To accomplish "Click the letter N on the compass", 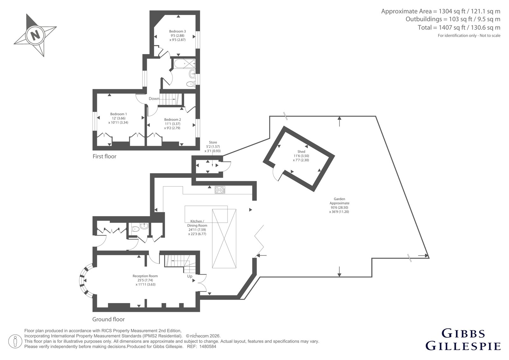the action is pos(35,35).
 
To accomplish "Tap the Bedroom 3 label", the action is pos(178,32).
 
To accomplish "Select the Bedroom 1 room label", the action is pos(118,114).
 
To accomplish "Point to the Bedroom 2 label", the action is pos(172,119).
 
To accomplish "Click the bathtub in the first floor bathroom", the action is pos(184,63).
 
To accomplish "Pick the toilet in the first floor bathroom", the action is pos(191,84).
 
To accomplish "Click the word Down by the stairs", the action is pos(154,98).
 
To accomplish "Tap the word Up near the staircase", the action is pos(190,276).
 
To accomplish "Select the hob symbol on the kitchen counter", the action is pos(220,190).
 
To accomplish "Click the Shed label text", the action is pos(301,152).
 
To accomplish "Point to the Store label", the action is pos(213,142).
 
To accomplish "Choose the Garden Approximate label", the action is pos(339,201).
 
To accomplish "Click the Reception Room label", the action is pos(145,276).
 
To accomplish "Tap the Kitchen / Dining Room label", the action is pos(197,223).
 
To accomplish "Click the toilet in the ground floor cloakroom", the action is pos(136,229).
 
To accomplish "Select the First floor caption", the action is pos(104,156).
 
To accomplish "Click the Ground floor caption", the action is pos(108,319).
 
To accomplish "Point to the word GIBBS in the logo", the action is pos(463,334).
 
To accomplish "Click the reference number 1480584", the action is pos(208,347).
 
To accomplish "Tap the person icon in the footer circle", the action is pos(15,341).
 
